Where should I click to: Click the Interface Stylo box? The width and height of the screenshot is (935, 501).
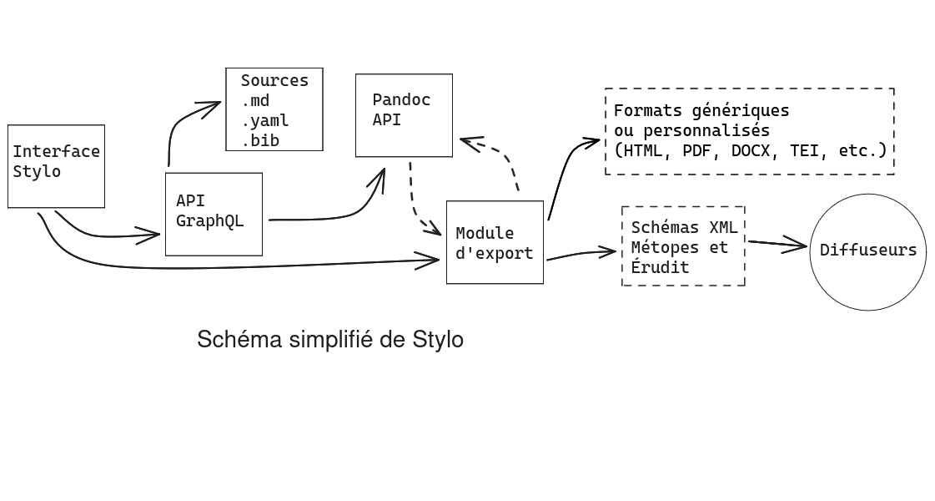(56, 165)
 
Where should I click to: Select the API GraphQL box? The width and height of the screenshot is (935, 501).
(214, 214)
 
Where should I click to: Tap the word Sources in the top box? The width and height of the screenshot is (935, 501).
(274, 81)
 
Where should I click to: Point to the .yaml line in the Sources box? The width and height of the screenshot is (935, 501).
(265, 121)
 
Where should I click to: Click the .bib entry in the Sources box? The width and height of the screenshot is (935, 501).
(260, 141)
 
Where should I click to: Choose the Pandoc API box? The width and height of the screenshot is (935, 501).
(404, 114)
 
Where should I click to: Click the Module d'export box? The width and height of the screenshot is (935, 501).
(495, 242)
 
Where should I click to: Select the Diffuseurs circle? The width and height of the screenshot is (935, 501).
(867, 250)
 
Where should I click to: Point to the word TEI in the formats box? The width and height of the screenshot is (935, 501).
(804, 151)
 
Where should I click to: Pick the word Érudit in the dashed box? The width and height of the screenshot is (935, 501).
(660, 267)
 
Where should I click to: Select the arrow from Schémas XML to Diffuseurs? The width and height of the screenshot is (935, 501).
(777, 244)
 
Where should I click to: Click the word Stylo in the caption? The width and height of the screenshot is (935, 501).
(438, 340)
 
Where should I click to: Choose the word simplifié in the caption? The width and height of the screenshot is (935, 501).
(331, 340)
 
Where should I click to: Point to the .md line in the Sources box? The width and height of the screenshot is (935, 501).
(255, 101)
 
